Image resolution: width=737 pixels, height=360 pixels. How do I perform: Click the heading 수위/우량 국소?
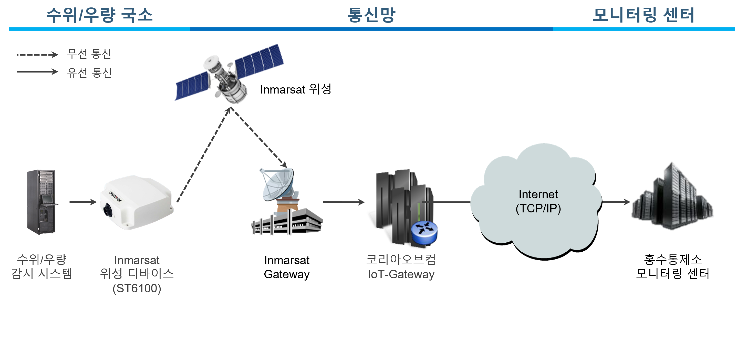(99, 15)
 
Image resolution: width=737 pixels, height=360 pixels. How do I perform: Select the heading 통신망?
(371, 15)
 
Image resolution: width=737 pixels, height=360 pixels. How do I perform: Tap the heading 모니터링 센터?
(643, 15)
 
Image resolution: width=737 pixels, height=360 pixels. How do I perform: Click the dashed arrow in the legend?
(37, 54)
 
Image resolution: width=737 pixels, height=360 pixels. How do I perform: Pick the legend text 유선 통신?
(89, 73)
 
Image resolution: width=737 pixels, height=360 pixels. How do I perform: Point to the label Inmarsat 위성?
(295, 89)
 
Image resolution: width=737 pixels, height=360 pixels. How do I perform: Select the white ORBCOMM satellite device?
(137, 202)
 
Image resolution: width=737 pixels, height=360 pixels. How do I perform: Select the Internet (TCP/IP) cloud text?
(538, 201)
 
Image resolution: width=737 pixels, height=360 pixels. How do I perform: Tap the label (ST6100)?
(137, 289)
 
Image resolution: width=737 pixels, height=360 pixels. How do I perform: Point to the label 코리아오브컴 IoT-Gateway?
(401, 267)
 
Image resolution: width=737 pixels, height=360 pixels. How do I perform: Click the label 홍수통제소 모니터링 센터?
(672, 267)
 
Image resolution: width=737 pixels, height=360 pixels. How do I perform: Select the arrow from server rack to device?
(83, 202)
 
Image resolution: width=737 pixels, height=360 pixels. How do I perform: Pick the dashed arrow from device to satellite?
(204, 155)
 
